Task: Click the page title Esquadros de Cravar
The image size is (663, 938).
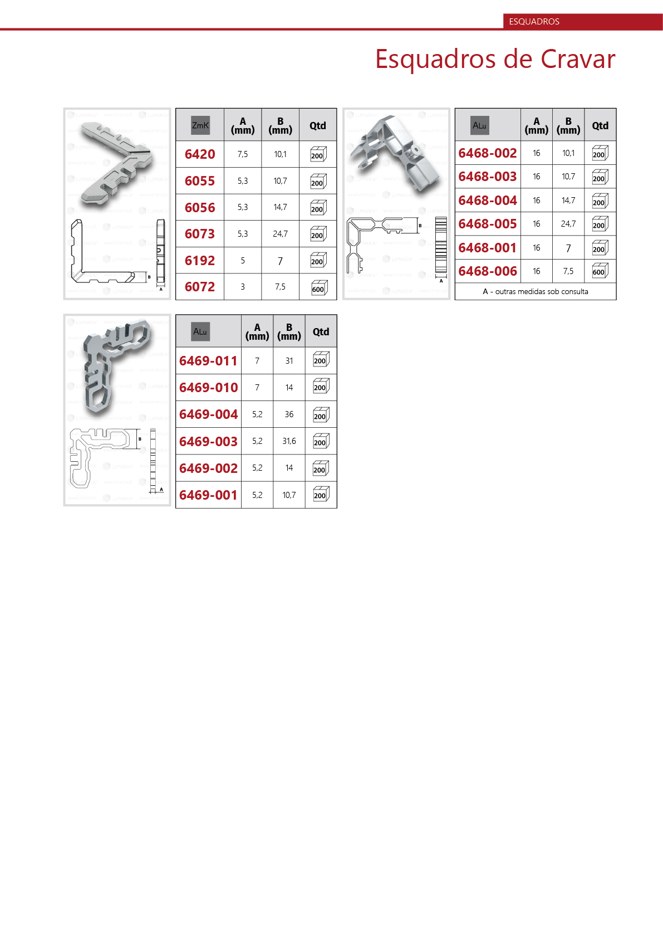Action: [495, 59]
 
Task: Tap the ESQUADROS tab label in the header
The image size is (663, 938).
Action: [534, 22]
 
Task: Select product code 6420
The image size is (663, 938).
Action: [200, 154]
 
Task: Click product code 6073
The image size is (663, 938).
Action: [200, 234]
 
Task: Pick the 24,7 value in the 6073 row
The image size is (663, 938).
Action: [280, 234]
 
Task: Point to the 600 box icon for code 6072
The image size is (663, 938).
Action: [318, 288]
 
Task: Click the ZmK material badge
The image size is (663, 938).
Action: [200, 125]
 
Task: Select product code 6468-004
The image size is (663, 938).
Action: [488, 201]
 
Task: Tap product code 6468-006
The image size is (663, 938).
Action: [488, 271]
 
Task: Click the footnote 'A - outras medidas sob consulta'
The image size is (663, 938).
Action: [536, 292]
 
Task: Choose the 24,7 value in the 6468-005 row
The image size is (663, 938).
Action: [568, 224]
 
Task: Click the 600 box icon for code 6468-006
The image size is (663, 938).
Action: [600, 271]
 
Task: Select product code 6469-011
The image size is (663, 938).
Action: [208, 361]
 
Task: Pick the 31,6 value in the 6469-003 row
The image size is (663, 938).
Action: [289, 441]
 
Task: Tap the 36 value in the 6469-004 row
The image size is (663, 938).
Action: [289, 414]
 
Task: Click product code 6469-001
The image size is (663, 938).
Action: [208, 495]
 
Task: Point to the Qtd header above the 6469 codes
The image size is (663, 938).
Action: [321, 331]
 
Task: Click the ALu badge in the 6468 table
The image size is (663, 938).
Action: [480, 125]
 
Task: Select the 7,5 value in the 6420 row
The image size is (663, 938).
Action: [243, 154]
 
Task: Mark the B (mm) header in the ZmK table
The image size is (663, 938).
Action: [280, 125]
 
